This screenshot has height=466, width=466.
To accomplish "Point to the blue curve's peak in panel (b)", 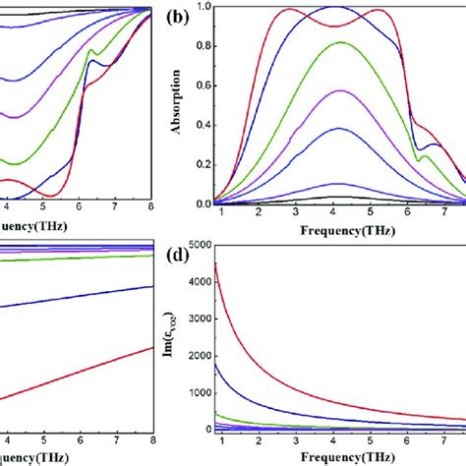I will click(x=335, y=7).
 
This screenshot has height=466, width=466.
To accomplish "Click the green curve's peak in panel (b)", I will click(x=337, y=42).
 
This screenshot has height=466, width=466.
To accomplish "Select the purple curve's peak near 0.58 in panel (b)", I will click(x=337, y=90).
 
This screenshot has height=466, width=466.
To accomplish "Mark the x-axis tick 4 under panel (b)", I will click(x=335, y=216).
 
